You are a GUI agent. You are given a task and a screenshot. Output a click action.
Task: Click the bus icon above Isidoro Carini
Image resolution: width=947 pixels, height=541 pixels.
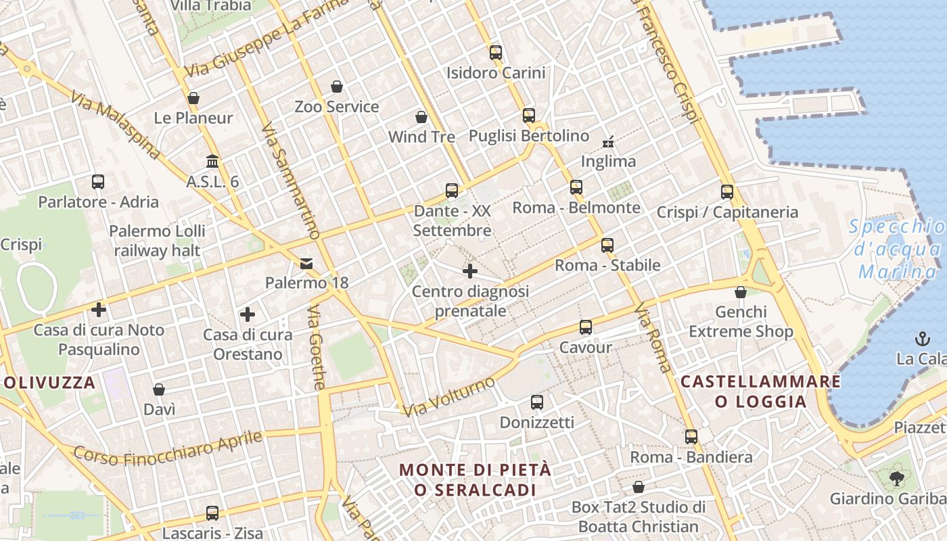tap(496, 52)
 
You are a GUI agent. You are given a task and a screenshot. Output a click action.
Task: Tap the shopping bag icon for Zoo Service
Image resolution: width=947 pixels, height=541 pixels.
tap(337, 87)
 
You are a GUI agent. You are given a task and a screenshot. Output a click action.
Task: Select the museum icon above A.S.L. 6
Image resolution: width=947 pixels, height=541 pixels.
tap(212, 162)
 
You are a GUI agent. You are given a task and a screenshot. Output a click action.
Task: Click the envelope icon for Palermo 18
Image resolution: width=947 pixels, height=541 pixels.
tap(306, 263)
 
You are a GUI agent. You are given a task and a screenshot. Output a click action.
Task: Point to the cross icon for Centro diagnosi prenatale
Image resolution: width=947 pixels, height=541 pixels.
tap(470, 272)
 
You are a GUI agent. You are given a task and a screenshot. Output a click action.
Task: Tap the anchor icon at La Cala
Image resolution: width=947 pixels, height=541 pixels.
tap(921, 338)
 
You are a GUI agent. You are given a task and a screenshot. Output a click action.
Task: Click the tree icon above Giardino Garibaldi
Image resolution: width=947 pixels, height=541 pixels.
tap(896, 479)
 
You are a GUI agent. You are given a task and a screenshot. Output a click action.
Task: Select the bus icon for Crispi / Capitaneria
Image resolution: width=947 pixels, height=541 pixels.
tap(727, 191)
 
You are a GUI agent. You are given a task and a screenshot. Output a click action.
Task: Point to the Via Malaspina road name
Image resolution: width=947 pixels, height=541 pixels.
tap(115, 126)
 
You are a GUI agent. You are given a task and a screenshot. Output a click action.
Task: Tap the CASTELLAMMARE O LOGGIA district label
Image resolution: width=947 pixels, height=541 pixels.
tap(761, 392)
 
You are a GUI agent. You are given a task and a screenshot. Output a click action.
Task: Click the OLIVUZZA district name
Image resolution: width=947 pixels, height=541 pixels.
tap(50, 383)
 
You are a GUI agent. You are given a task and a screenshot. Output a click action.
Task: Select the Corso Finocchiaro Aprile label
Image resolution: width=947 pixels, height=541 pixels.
tap(167, 448)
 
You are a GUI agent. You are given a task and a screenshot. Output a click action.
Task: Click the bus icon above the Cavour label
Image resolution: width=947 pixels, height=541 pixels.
tap(586, 327)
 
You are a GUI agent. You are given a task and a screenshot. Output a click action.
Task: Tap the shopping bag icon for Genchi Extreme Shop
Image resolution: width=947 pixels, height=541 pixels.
tap(741, 292)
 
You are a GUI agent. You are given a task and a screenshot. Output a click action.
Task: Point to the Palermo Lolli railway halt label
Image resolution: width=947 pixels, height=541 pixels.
tap(157, 241)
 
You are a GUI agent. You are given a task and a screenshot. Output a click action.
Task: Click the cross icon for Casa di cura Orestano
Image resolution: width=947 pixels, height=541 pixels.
tap(248, 314)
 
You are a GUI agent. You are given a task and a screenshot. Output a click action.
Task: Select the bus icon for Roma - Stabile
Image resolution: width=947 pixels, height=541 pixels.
tap(607, 245)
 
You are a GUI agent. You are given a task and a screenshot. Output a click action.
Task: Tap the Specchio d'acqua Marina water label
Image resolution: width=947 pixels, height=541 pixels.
tap(897, 250)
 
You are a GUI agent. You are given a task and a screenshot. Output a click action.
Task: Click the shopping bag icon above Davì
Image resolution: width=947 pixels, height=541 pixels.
tap(159, 390)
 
